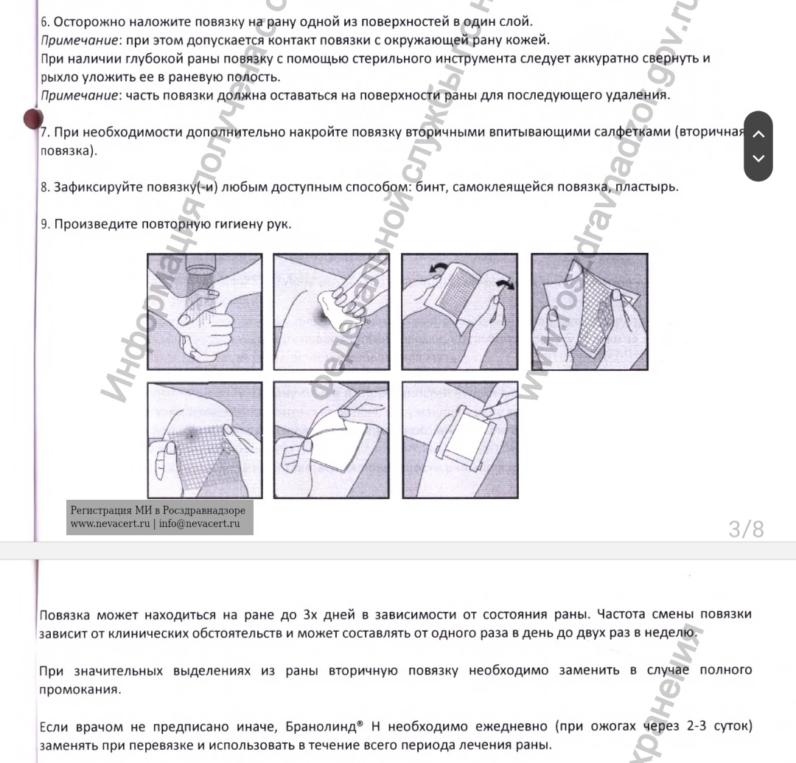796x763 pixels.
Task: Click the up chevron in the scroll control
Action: coord(758,133)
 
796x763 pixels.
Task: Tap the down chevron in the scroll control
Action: coord(758,158)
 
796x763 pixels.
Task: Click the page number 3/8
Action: coord(746,529)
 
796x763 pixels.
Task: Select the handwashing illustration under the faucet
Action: coord(205,311)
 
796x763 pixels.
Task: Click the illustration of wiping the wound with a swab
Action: coord(331,311)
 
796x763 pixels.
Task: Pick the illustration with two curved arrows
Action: coord(460,311)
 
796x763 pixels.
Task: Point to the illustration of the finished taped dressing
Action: coord(460,440)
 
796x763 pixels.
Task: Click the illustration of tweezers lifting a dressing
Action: coord(331,440)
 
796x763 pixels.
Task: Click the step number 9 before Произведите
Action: coord(44,224)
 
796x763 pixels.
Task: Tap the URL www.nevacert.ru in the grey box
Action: coord(111,523)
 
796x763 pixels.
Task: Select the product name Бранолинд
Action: coord(318,727)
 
